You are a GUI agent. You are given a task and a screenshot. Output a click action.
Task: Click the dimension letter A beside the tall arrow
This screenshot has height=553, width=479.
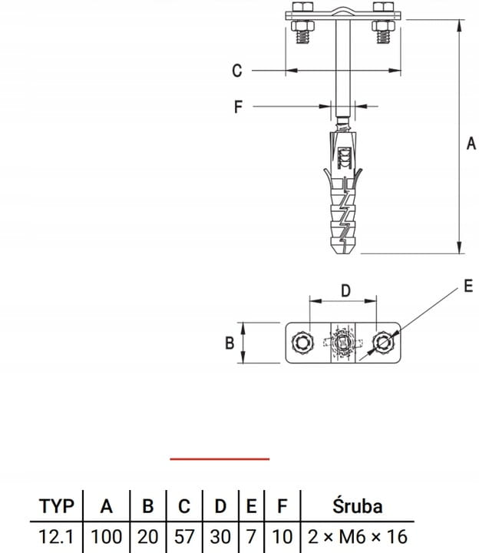(x=471, y=144)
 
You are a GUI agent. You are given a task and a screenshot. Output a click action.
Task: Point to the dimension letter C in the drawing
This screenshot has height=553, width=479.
(x=237, y=71)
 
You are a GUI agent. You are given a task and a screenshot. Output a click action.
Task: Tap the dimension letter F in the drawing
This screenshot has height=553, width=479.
(x=238, y=107)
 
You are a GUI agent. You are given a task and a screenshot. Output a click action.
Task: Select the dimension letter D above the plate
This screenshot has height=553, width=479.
(x=345, y=291)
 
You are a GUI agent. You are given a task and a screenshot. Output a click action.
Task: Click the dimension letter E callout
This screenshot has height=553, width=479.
(x=468, y=286)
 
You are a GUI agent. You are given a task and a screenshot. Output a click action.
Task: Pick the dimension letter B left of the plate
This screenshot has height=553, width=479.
(x=230, y=343)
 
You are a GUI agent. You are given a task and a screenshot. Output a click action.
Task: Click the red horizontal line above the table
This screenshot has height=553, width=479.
(x=220, y=459)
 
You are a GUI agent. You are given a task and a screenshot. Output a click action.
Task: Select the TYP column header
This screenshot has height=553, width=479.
(x=56, y=506)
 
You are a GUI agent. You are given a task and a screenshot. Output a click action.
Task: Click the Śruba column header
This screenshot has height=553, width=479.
(x=357, y=505)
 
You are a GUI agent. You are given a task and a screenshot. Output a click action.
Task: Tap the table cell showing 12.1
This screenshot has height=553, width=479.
(x=56, y=537)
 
